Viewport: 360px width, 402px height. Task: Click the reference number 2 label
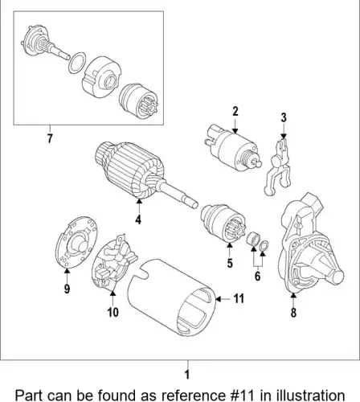tap(235, 112)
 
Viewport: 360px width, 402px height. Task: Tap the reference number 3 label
tap(284, 117)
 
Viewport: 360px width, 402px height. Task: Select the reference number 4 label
tap(138, 219)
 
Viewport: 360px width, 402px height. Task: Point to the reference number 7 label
tap(50, 138)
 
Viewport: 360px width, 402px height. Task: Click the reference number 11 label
tap(239, 298)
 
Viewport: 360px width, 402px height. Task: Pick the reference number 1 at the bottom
tap(187, 375)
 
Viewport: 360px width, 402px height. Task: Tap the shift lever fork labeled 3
tap(278, 167)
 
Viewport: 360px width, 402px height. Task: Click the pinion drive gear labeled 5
tap(223, 223)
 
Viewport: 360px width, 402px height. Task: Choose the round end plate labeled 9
tap(76, 242)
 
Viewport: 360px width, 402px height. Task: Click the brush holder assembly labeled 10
tap(114, 263)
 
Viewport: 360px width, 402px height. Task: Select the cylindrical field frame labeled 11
tap(171, 297)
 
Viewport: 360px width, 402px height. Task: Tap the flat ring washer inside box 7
tap(77, 63)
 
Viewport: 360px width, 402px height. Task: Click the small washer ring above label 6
tap(264, 245)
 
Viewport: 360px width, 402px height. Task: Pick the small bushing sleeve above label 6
tap(252, 239)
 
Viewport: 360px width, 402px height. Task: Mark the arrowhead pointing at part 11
tap(219, 299)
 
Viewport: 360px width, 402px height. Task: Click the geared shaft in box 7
tap(45, 44)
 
